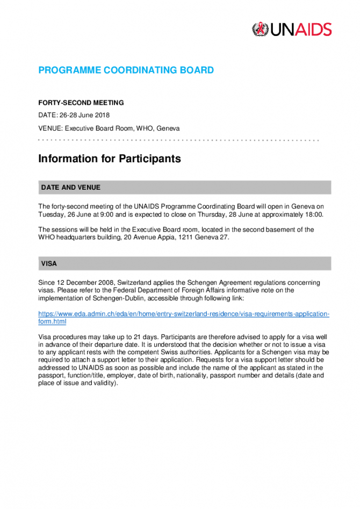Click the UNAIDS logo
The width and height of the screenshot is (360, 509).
click(292, 29)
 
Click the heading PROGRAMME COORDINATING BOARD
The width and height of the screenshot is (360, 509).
click(126, 70)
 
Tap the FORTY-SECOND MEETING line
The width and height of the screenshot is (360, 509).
click(81, 103)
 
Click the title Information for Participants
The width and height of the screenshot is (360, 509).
click(110, 159)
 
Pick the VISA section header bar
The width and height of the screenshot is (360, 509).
click(184, 264)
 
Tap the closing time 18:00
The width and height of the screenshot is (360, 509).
click(314, 214)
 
